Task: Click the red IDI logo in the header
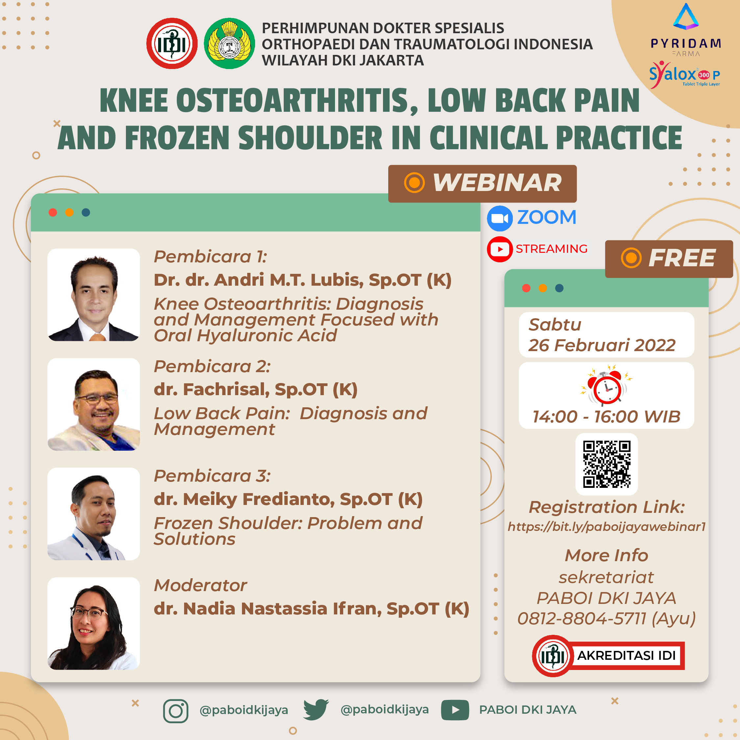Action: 172,43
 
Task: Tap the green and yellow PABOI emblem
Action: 229,43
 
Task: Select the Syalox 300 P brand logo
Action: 684,74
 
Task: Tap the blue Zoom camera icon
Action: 500,218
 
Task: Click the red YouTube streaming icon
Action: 500,249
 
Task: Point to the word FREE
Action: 682,258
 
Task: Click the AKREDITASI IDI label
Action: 627,656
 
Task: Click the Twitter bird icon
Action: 316,709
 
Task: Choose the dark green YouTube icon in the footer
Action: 455,710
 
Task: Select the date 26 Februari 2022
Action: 602,346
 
